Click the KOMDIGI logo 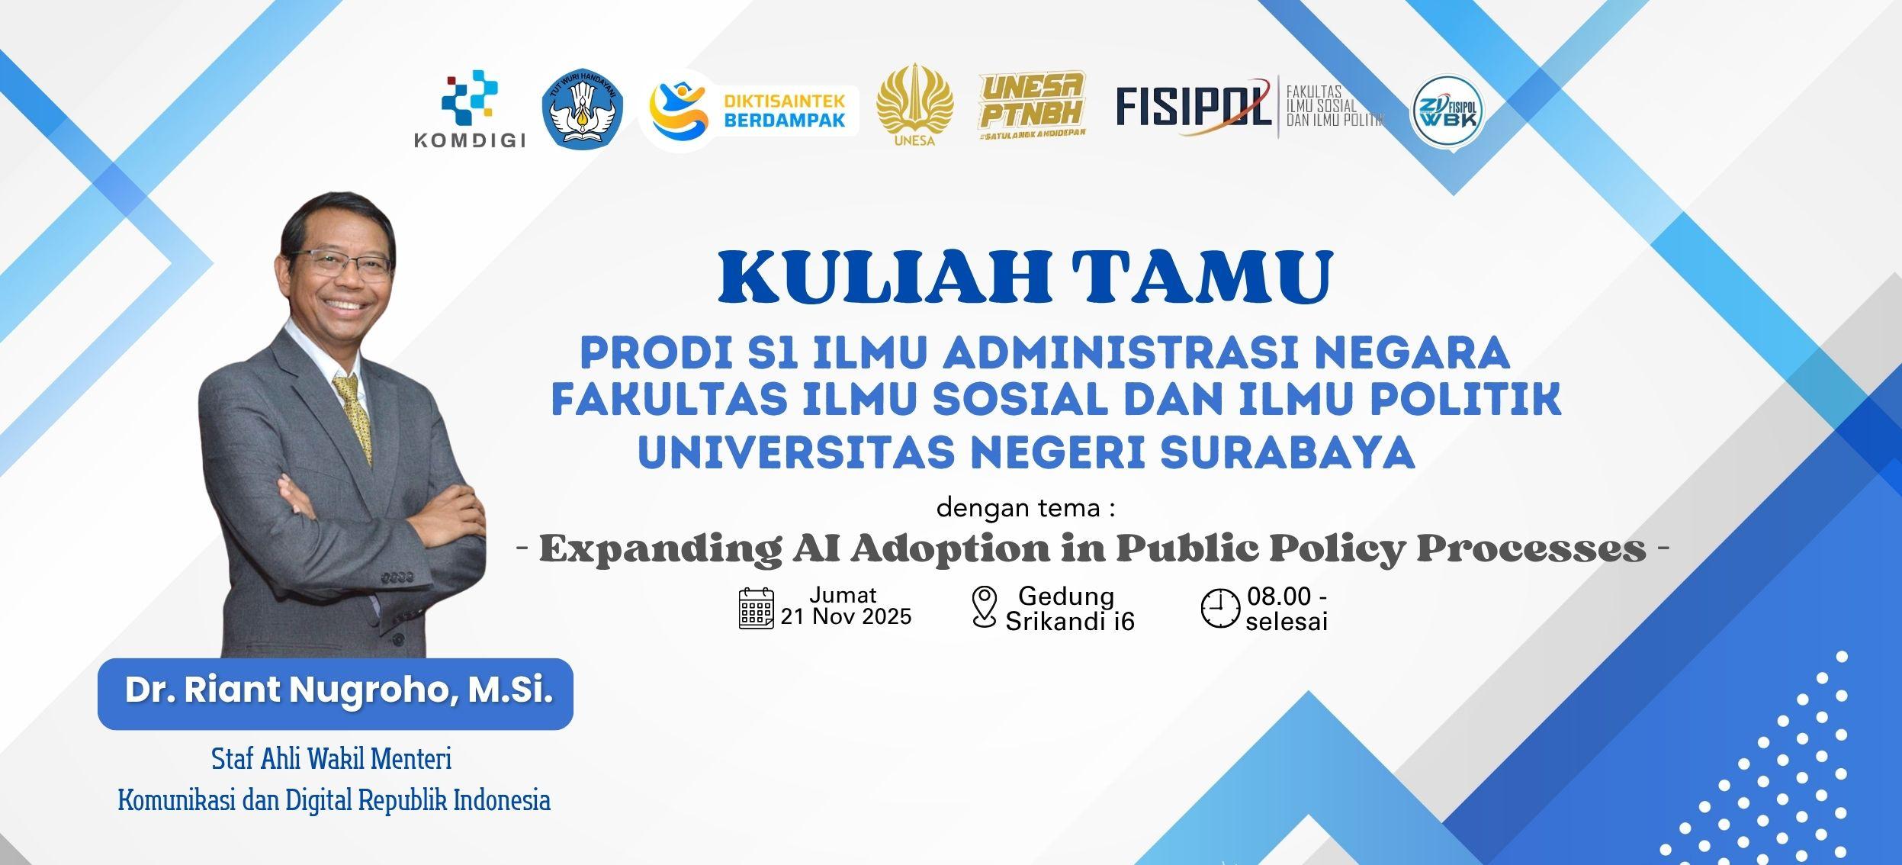click(x=469, y=108)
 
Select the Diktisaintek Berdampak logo click(x=749, y=110)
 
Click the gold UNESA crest click(x=914, y=105)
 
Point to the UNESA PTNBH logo click(x=1033, y=105)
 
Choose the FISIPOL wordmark click(x=1194, y=107)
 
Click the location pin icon click(x=985, y=607)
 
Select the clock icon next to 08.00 click(x=1220, y=609)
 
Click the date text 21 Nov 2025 click(x=846, y=617)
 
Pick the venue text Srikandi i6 click(x=1070, y=622)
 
